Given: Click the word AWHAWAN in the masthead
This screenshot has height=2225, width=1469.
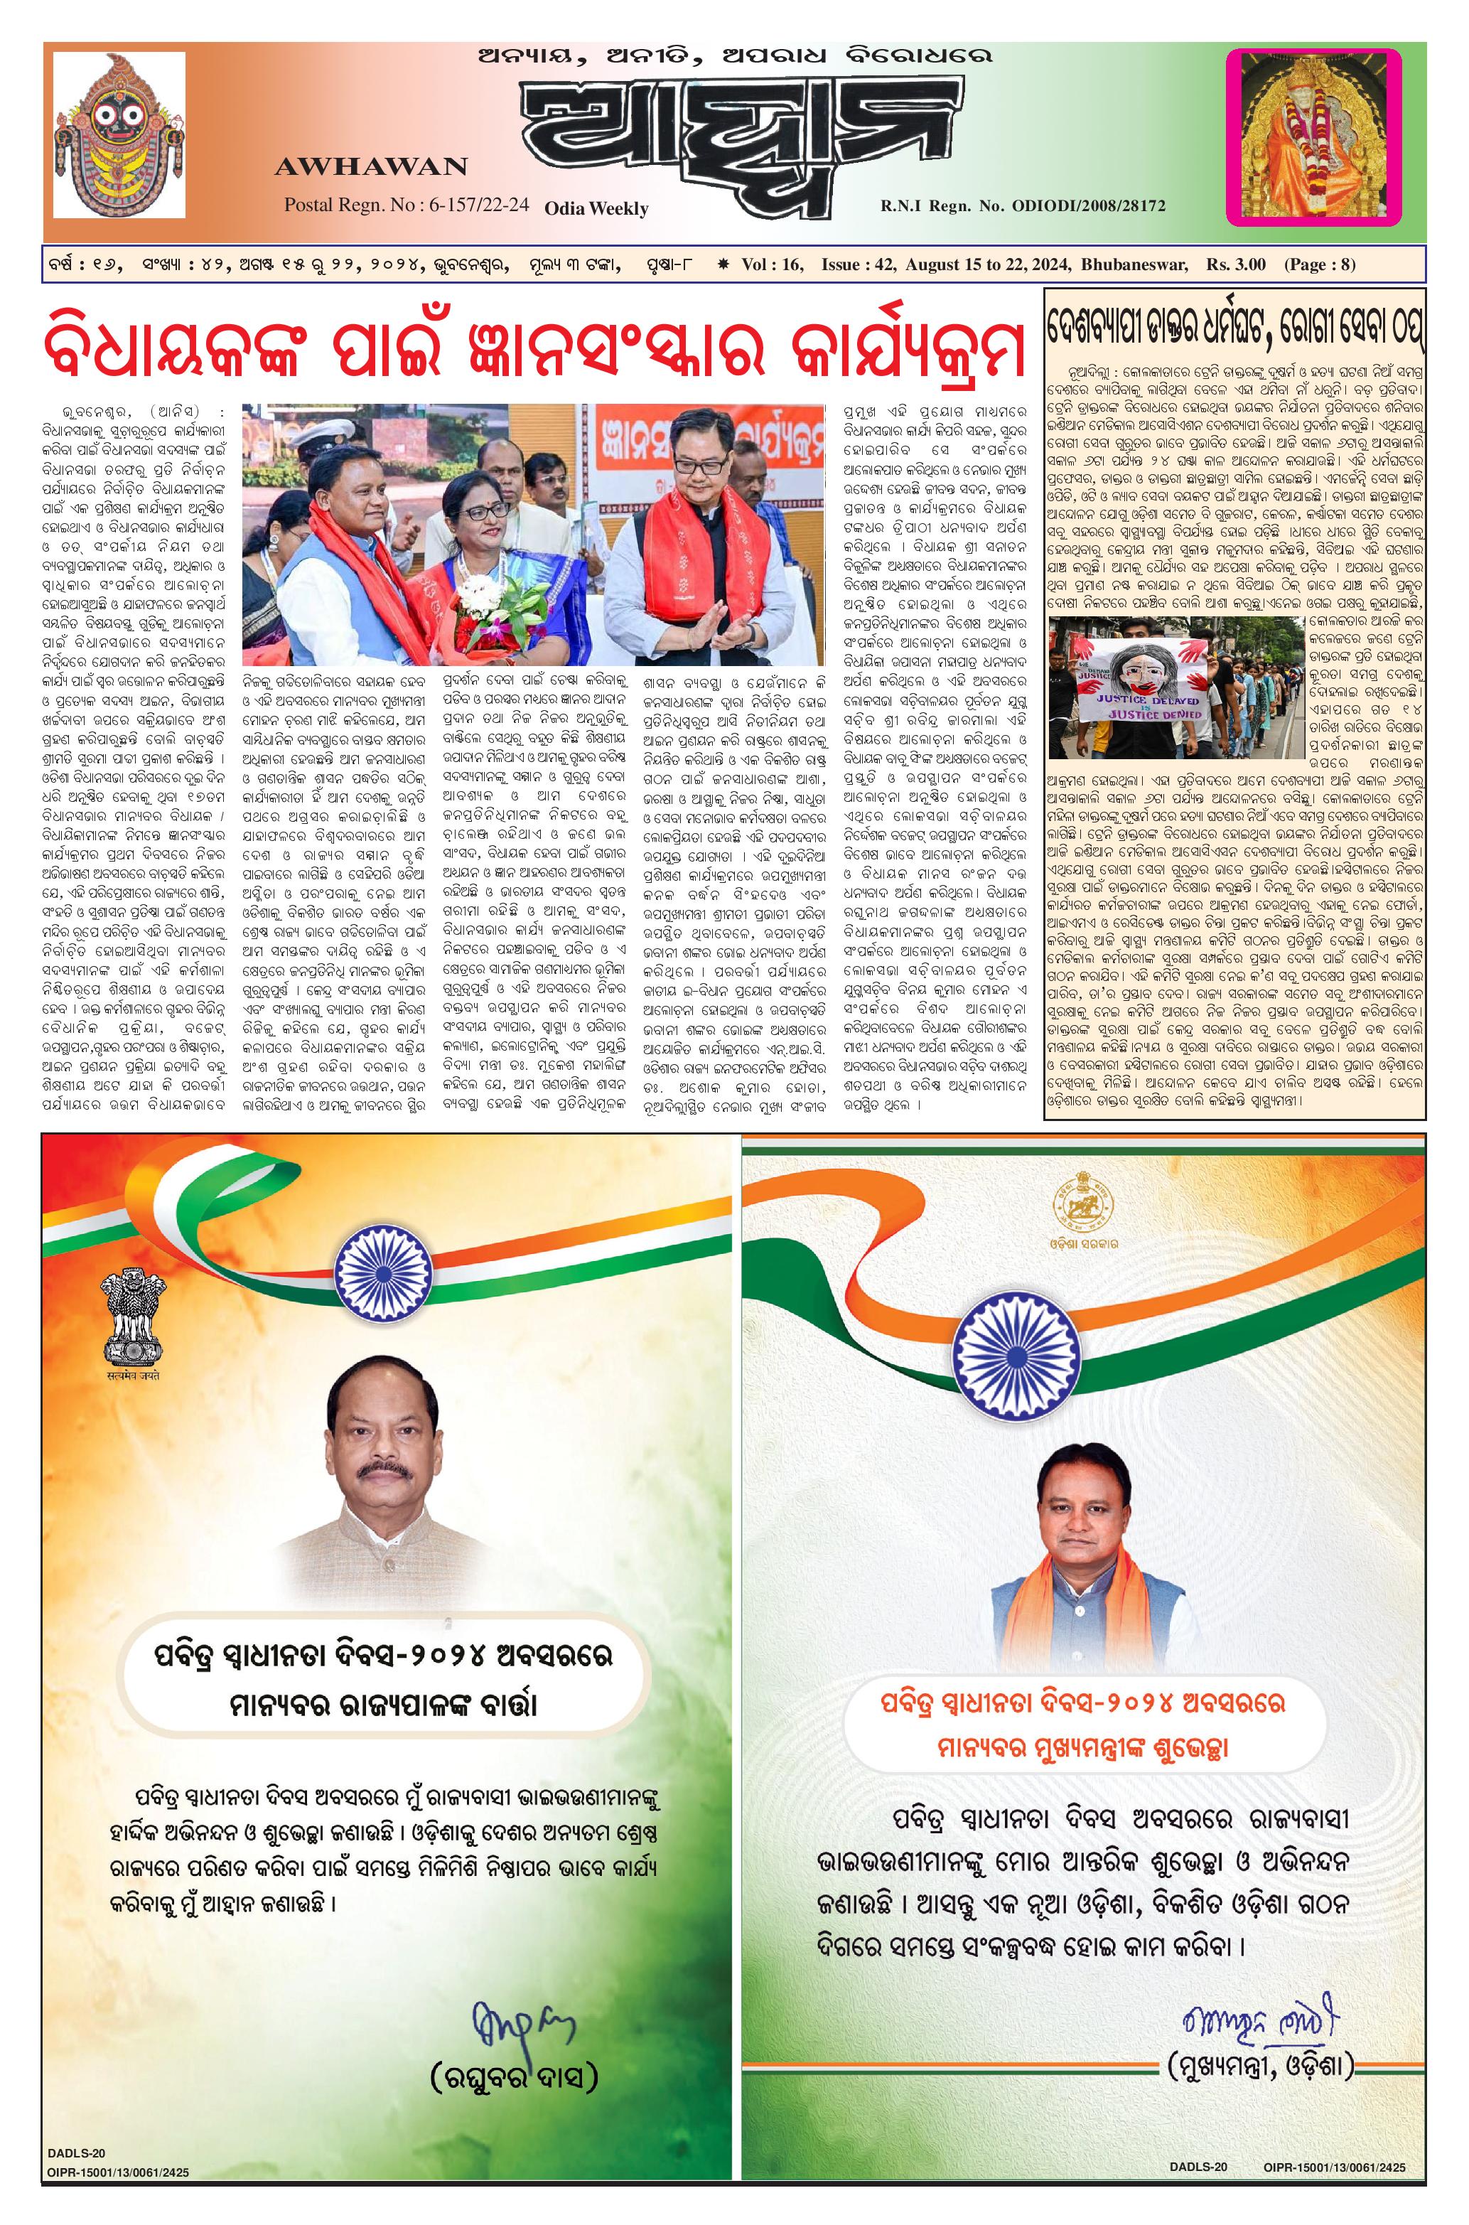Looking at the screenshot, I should [x=371, y=168].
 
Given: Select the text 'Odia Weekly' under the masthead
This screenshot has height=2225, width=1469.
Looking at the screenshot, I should [x=597, y=208].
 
